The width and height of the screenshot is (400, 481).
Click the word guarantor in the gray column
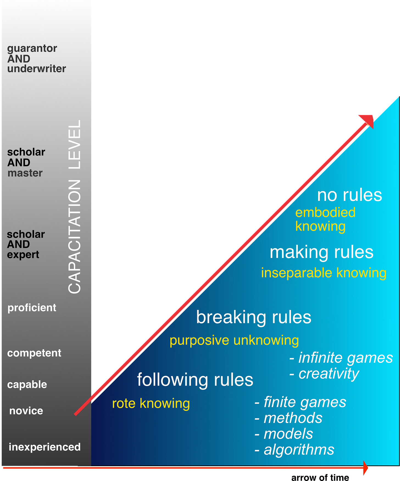click(x=32, y=49)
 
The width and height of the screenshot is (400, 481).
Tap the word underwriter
click(x=37, y=69)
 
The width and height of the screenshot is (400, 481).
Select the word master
click(x=25, y=173)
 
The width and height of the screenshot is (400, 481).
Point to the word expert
click(x=23, y=255)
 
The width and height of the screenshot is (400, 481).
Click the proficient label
click(x=32, y=308)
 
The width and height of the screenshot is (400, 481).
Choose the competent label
click(x=34, y=353)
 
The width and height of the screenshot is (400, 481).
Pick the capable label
click(x=27, y=384)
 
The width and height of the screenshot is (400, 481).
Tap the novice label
click(x=26, y=411)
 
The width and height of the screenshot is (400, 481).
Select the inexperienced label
click(x=45, y=447)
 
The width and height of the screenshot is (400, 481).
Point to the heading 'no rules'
click(x=349, y=195)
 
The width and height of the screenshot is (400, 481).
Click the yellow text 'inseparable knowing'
click(x=324, y=273)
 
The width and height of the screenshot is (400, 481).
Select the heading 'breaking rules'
click(x=254, y=317)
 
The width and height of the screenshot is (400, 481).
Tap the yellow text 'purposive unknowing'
click(x=234, y=340)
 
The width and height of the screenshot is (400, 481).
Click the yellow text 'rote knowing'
click(x=151, y=403)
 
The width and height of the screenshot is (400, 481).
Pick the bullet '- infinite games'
click(x=341, y=358)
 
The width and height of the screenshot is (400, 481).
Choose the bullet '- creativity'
click(x=324, y=373)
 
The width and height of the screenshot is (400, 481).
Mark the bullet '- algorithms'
click(x=294, y=450)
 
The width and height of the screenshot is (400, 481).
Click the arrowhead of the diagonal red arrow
click(x=368, y=121)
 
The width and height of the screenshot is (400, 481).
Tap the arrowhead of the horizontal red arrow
click(x=365, y=468)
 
